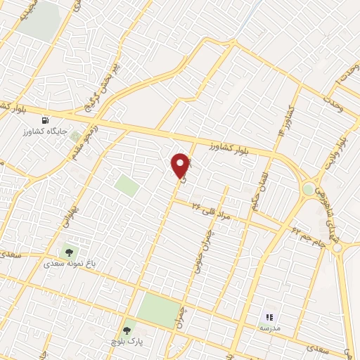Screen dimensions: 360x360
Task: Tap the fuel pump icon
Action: (47, 120)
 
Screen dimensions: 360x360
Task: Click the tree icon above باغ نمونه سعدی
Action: (69, 250)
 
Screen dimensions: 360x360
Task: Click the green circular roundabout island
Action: (309, 189)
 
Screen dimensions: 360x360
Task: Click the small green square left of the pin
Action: (127, 186)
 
